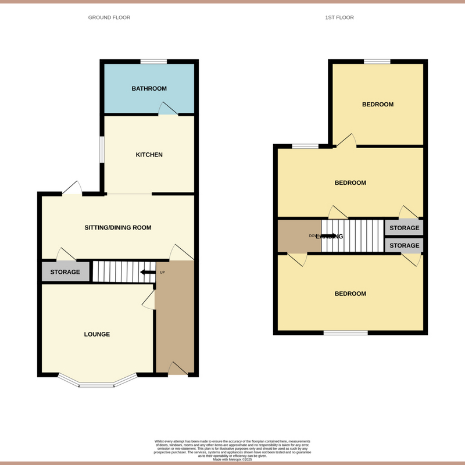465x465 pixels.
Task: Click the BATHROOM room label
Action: [x=149, y=89]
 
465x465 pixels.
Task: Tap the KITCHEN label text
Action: [x=149, y=155]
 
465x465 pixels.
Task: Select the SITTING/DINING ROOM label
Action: [x=118, y=228]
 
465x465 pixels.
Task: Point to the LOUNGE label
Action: [x=97, y=334]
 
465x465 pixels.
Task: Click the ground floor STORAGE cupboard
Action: [x=65, y=272]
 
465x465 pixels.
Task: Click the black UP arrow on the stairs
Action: [x=147, y=272]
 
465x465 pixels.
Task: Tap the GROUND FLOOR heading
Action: [x=109, y=17]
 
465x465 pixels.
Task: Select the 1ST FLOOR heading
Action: [x=339, y=17]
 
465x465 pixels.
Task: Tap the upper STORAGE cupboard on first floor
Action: [x=404, y=228]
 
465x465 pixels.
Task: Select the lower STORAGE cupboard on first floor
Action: [x=404, y=246]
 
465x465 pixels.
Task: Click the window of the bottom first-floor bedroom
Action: [x=346, y=333]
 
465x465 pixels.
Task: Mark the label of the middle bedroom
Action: [x=350, y=183]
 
